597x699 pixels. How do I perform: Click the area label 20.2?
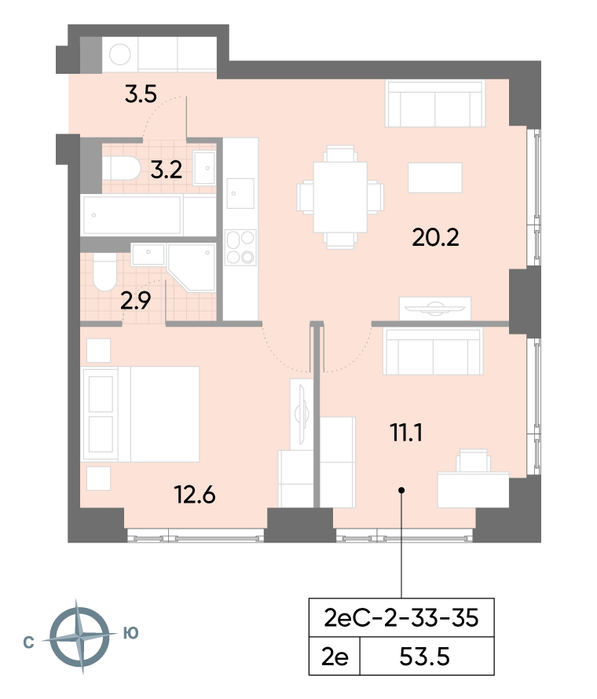[435, 237]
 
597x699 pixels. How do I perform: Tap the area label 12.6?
[195, 495]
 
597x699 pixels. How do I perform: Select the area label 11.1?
[406, 433]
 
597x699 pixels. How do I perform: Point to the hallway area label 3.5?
[141, 94]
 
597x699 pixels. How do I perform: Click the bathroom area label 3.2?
[166, 170]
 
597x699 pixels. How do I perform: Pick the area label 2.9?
[136, 301]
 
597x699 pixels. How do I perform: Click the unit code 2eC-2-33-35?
[401, 618]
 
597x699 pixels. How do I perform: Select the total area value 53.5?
[424, 657]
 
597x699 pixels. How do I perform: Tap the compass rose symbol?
[79, 637]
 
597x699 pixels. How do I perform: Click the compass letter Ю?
[131, 633]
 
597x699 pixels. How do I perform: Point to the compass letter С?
[28, 642]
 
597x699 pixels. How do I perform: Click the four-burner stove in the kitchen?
[240, 247]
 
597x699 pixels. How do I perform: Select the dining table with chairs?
[340, 197]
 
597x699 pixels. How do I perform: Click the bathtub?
[132, 215]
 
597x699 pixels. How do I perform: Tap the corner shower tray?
[192, 268]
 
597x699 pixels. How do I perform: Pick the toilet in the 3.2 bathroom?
[121, 167]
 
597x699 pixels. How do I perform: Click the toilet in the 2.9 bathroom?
[104, 272]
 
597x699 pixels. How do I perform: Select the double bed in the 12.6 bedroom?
[141, 414]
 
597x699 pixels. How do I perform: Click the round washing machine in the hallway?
[120, 54]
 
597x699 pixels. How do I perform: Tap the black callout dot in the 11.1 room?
[401, 490]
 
